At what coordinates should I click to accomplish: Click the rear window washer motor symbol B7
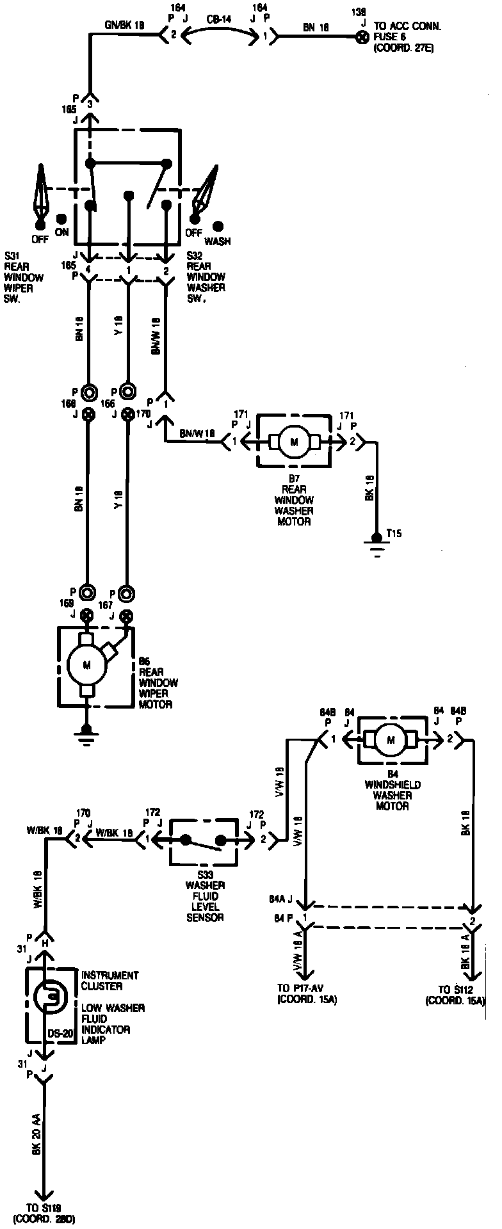295,441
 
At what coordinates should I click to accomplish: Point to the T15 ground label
394,533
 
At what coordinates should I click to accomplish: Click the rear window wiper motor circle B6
87,664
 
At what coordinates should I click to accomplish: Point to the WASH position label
218,242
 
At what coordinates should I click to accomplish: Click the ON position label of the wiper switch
61,233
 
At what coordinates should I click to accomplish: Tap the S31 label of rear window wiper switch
12,255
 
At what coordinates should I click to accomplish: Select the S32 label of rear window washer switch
195,255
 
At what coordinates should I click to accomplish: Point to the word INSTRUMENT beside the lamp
109,976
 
